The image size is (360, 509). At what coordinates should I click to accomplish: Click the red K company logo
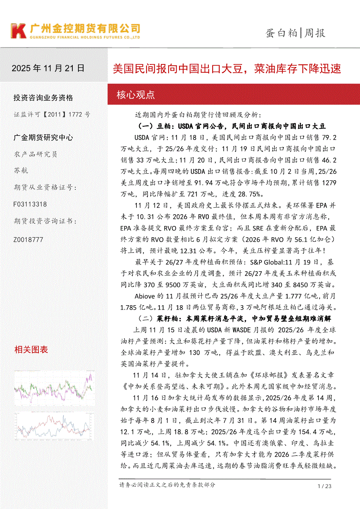coord(18,31)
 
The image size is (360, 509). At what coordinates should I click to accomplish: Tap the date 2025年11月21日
coord(48,68)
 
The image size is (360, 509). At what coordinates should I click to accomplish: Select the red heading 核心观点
coord(136,95)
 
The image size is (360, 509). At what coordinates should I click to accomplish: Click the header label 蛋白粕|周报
coord(295,33)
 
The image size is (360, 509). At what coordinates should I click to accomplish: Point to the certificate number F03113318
coord(31,204)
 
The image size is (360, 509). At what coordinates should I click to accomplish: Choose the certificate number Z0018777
coord(29,239)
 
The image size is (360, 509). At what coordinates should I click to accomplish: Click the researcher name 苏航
coord(21,170)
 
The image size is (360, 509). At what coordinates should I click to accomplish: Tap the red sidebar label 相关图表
coord(31,349)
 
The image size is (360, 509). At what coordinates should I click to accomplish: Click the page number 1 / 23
coord(325,486)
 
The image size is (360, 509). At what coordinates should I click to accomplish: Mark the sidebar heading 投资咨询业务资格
coord(44,98)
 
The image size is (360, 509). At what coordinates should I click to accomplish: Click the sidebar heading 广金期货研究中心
coord(44,138)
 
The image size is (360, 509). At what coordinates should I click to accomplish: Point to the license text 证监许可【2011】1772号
coord(52,115)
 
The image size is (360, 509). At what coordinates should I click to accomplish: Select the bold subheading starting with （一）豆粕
coord(231,126)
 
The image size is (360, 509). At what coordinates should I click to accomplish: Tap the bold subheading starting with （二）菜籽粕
coord(234,318)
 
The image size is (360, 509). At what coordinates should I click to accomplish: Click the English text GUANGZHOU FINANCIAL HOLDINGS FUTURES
coord(85,38)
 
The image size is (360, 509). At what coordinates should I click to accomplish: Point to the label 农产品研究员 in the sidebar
coord(36,154)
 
